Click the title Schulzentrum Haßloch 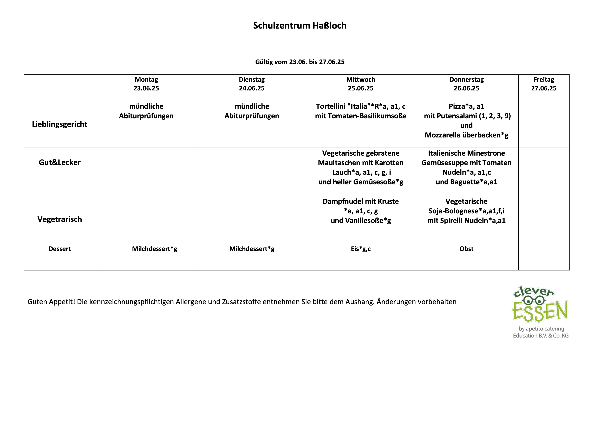(x=299, y=26)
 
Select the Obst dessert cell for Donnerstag (x=466, y=249)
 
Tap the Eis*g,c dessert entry (x=361, y=249)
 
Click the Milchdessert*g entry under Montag (x=154, y=249)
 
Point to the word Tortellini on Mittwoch (x=330, y=106)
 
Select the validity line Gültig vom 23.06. (x=299, y=62)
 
